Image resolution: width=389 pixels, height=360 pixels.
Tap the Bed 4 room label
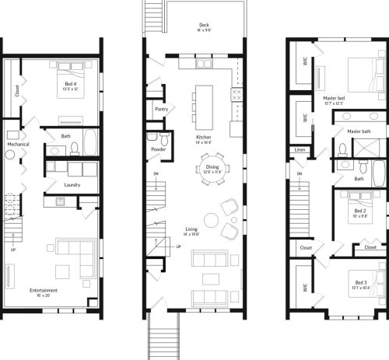70,84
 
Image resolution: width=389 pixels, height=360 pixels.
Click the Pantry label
163,110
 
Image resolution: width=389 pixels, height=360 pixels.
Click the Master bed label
334,99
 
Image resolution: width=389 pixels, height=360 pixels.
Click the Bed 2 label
359,211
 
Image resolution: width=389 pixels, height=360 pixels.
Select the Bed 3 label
359,284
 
